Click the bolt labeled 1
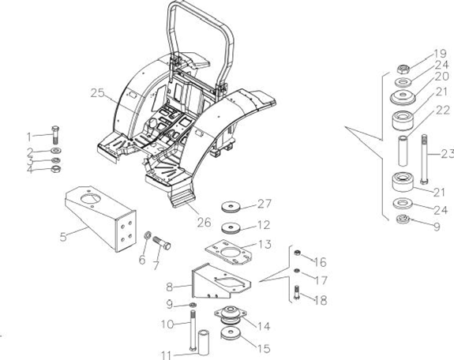(55, 135)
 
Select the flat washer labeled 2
(55, 151)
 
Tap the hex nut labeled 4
(55, 169)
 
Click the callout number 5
(63, 237)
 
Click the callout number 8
(170, 287)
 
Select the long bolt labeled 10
(192, 330)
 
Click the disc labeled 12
(231, 228)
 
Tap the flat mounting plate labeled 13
(228, 252)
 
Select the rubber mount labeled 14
(231, 314)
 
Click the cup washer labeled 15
(231, 333)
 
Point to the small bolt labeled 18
(297, 293)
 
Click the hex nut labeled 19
(403, 69)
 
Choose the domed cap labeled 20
(403, 97)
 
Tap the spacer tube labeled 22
(403, 151)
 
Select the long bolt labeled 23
(424, 159)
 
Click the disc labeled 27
(231, 207)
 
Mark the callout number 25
(97, 93)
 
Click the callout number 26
(204, 222)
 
